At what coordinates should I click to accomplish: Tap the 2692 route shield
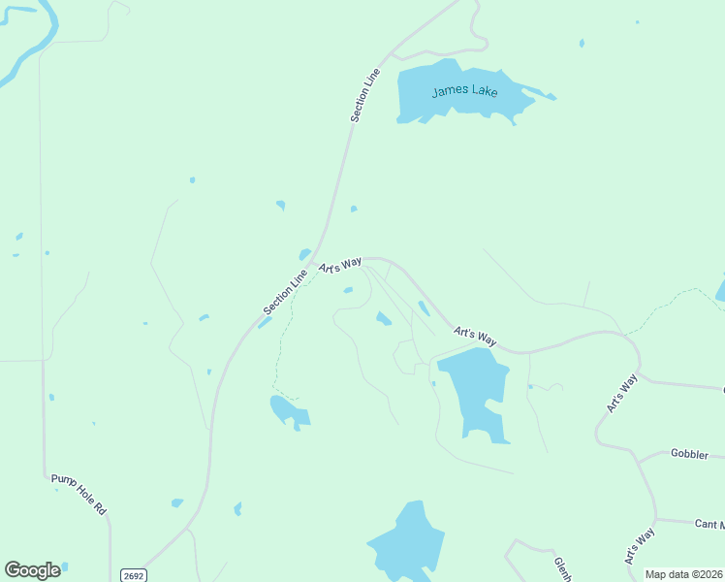(133, 575)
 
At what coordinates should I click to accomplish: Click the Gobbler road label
(690, 454)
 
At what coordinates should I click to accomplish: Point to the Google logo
(33, 570)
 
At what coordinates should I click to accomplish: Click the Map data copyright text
(682, 574)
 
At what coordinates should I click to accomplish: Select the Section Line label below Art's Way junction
(285, 292)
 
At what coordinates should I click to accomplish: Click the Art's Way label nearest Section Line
(340, 265)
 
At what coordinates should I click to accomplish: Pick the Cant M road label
(709, 524)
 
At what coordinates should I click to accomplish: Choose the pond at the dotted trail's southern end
(289, 411)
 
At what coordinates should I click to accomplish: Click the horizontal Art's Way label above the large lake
(475, 337)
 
